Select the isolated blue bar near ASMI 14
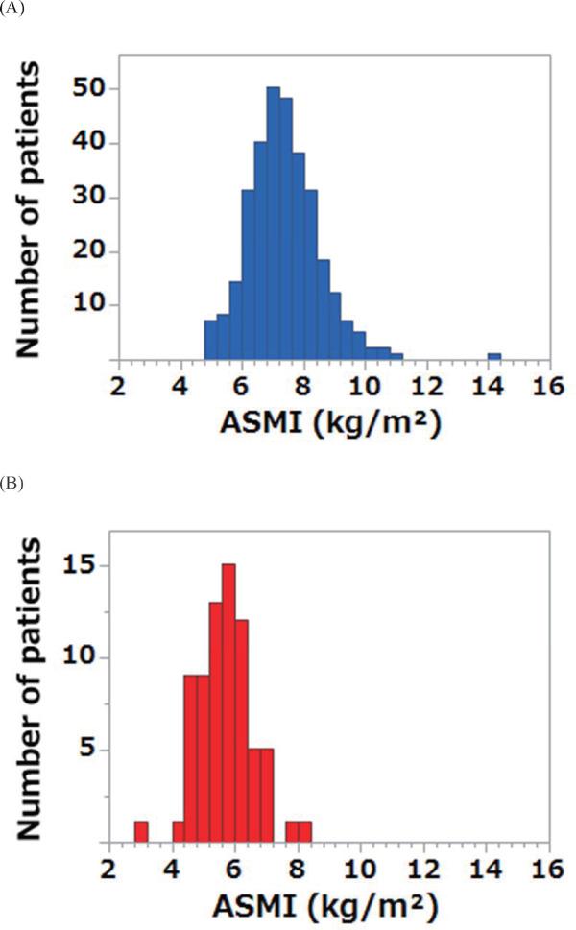493,356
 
